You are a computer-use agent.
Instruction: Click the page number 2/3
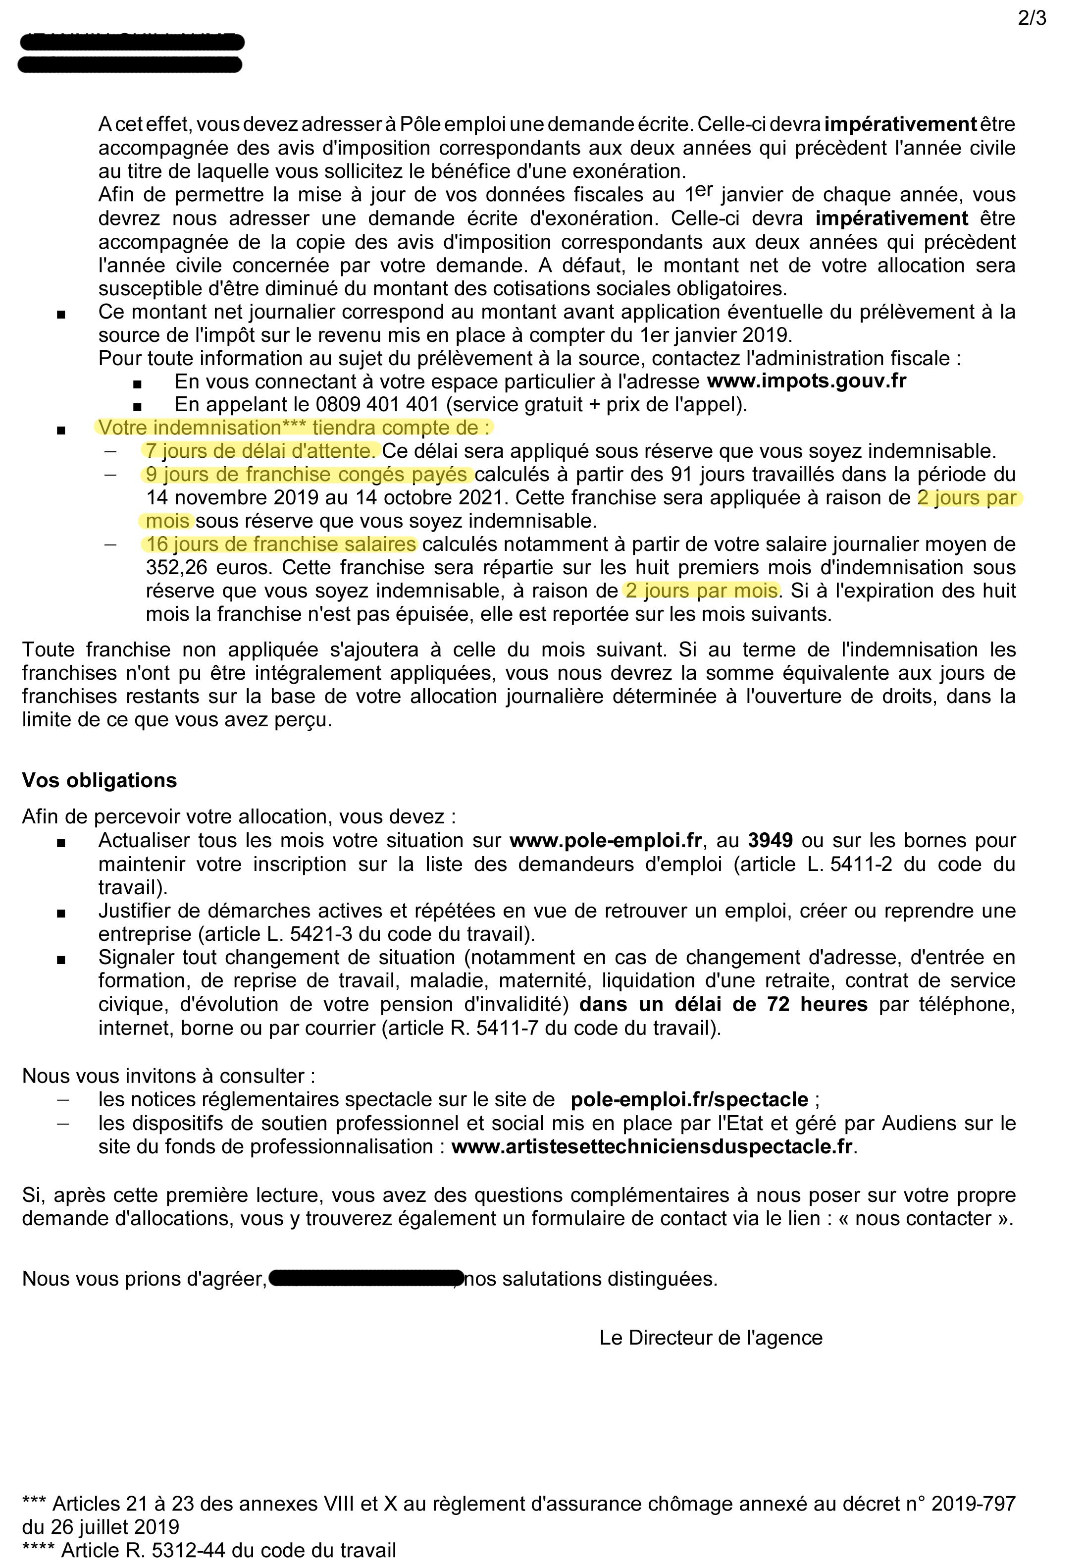click(1032, 18)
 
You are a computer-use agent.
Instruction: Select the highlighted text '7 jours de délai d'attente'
click(259, 451)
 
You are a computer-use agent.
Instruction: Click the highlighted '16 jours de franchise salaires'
click(281, 544)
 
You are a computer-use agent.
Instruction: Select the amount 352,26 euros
click(209, 568)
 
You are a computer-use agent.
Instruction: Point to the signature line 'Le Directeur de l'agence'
click(711, 1338)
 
